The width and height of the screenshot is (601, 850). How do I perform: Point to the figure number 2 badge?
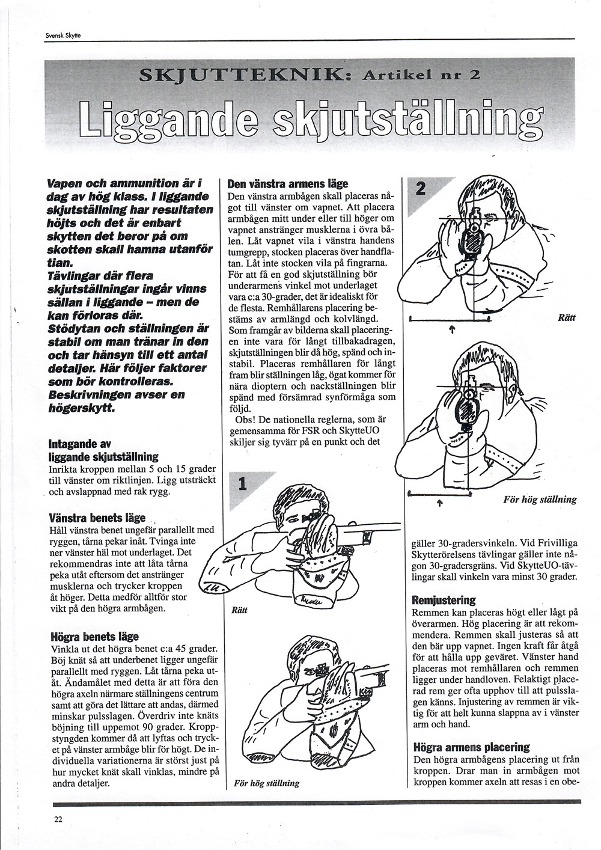coord(419,189)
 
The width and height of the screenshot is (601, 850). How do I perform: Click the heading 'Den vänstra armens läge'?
coord(288,185)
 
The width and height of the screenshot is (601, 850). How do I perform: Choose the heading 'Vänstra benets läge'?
coord(97,518)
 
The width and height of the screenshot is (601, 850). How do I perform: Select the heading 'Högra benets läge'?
coord(94,637)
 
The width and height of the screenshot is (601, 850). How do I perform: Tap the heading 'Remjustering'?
coord(444,601)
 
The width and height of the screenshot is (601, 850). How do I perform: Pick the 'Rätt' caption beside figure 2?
coord(567,318)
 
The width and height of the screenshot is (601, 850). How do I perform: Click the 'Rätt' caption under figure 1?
coord(239,611)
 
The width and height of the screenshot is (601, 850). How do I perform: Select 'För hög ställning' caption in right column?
coord(540,500)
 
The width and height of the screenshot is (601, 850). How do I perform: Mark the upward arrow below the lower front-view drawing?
coord(440,504)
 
